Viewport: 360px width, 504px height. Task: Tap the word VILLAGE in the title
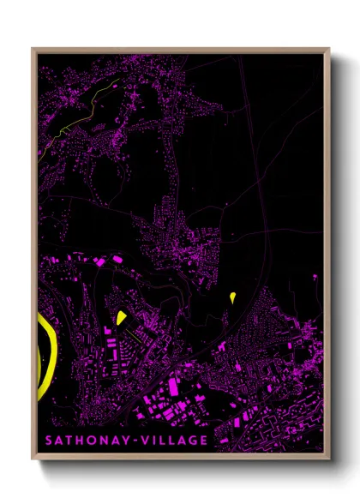pos(174,441)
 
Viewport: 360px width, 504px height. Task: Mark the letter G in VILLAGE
pos(192,441)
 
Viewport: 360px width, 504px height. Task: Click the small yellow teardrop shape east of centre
pos(232,297)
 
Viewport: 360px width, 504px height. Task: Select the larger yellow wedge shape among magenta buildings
pos(121,317)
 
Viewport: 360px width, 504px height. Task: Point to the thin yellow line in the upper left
pos(86,107)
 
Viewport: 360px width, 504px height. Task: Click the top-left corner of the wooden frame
pos(33,49)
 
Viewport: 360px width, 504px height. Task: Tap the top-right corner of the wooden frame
pos(328,49)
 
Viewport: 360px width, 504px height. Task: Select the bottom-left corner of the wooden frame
pos(33,454)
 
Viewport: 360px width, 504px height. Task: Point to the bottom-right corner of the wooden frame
pos(328,454)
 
